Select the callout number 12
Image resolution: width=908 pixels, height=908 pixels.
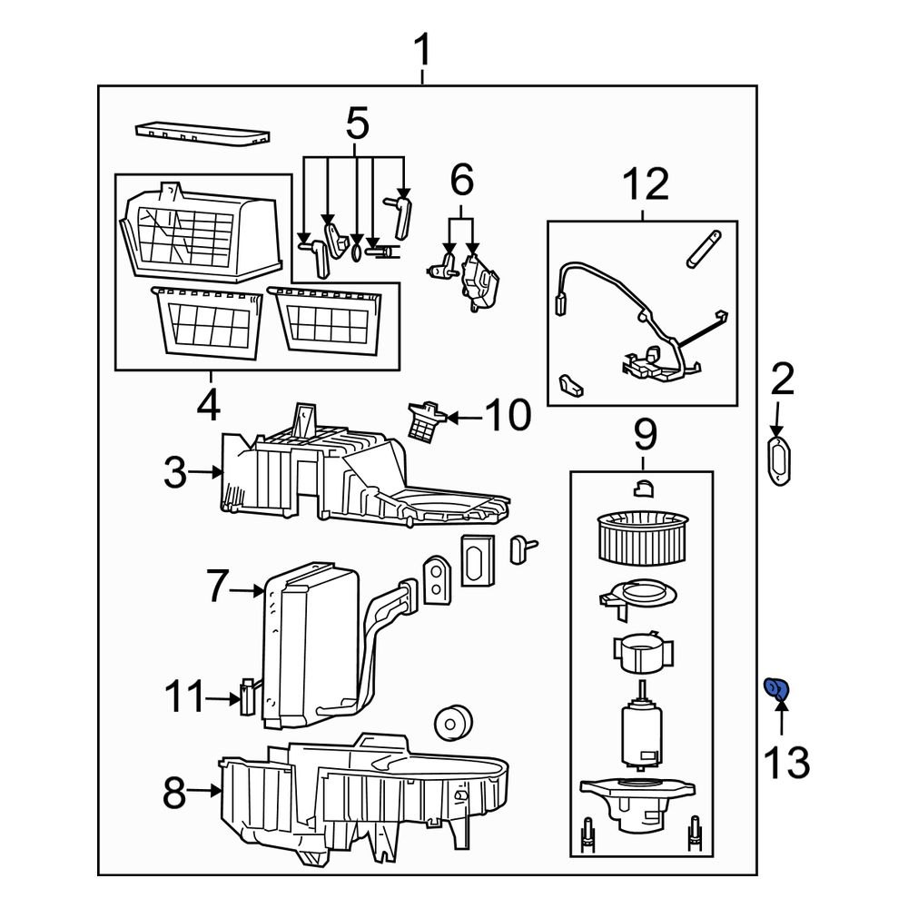[x=646, y=185]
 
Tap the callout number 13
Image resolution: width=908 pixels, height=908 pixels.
[x=785, y=762]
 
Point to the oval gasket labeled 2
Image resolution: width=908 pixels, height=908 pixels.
[x=778, y=460]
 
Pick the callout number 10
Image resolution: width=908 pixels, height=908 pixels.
[x=507, y=416]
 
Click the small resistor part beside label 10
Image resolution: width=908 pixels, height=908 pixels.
[x=425, y=420]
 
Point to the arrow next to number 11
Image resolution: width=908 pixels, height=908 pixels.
[x=221, y=698]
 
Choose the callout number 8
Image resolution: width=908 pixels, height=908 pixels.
[x=174, y=794]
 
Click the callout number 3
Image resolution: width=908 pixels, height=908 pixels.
[x=174, y=472]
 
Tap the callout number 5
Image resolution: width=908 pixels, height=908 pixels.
[x=357, y=123]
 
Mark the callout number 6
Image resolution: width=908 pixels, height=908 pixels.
[x=461, y=182]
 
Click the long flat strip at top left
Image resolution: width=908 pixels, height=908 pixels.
[x=202, y=134]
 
